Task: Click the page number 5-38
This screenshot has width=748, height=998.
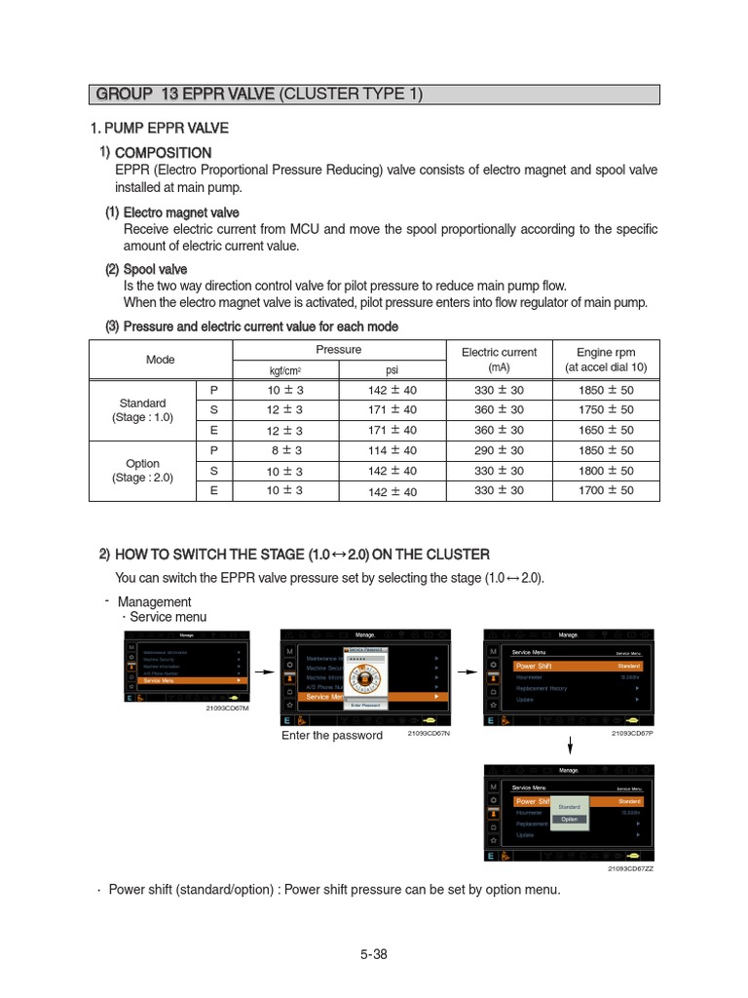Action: (x=373, y=954)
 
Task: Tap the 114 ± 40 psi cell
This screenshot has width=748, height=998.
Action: (x=393, y=450)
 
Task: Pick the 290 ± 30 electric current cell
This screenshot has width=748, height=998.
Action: (x=499, y=450)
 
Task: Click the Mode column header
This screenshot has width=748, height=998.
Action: (x=161, y=360)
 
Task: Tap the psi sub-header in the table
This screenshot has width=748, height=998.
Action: (x=393, y=369)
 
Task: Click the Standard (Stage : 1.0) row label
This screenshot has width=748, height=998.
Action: (x=142, y=410)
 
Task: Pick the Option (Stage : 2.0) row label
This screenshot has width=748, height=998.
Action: (x=142, y=471)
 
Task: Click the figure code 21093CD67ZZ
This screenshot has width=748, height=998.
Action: (x=630, y=868)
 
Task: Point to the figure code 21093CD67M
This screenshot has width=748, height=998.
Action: (x=227, y=709)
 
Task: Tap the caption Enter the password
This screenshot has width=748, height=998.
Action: (x=332, y=735)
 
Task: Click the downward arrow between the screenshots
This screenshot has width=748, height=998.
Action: (x=570, y=746)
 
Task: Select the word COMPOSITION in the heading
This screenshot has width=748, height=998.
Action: (x=163, y=153)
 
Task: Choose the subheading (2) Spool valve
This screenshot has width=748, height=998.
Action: (x=147, y=269)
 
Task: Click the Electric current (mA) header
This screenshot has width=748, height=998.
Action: (x=499, y=360)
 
